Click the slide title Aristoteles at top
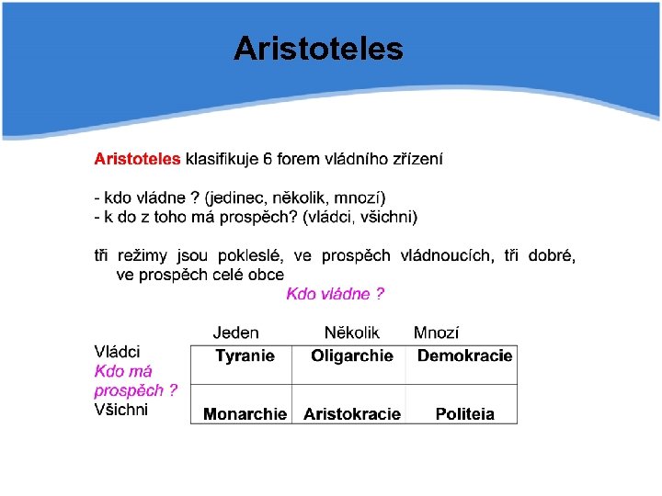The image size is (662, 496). click(x=318, y=48)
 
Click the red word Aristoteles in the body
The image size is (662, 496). click(x=137, y=159)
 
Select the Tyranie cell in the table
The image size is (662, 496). click(x=245, y=356)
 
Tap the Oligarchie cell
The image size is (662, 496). click(x=351, y=356)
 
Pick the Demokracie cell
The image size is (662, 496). click(x=464, y=356)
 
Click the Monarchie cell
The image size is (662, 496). click(x=245, y=414)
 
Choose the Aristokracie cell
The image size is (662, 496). click(x=351, y=414)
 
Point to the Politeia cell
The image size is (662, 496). click(x=464, y=414)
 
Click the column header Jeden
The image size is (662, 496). click(x=235, y=333)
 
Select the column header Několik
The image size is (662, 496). click(x=351, y=333)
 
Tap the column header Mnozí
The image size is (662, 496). click(x=436, y=333)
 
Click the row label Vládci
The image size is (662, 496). click(x=117, y=352)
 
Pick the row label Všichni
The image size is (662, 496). click(x=120, y=410)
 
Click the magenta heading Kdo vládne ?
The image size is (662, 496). click(x=335, y=294)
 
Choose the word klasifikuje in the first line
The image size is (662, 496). click(x=222, y=159)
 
